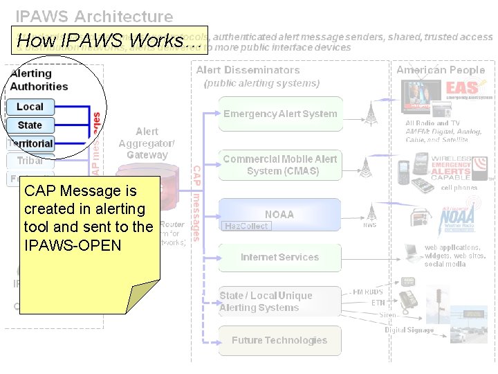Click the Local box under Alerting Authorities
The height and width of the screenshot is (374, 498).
(30, 107)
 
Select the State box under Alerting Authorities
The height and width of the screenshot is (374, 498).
(30, 125)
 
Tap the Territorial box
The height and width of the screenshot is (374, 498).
(30, 143)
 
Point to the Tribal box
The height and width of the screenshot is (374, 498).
(30, 161)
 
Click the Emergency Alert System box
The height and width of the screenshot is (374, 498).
(280, 114)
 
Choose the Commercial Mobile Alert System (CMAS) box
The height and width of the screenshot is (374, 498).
(280, 165)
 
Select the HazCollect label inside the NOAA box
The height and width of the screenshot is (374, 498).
(246, 226)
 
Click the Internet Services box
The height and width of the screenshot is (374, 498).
(280, 257)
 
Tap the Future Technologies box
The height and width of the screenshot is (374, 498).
(280, 340)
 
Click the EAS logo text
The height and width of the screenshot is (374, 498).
(462, 88)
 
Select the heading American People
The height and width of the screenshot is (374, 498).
(441, 70)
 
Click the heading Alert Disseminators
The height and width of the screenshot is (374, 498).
(248, 70)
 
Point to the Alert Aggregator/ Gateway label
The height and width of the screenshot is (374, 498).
(147, 143)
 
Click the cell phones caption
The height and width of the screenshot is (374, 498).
(459, 188)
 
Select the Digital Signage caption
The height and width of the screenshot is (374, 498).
(409, 330)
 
